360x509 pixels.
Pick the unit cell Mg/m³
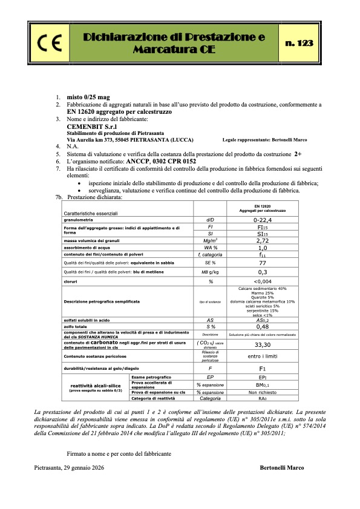[x=211, y=240]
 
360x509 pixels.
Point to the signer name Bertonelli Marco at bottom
[x=283, y=468]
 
